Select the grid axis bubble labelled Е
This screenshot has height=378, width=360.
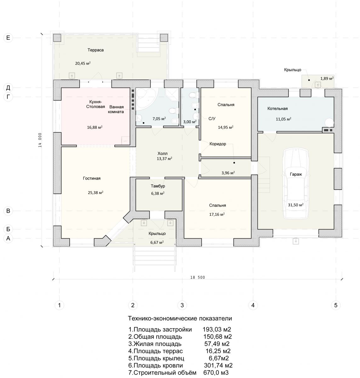[x=8, y=38]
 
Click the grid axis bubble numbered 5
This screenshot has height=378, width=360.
[x=336, y=305]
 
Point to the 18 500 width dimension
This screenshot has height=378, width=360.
[x=197, y=277]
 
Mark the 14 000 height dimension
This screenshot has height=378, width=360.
[x=40, y=140]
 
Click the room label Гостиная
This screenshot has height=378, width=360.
[x=92, y=178]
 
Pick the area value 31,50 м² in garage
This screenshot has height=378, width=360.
[x=295, y=205]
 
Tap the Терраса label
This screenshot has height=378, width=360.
[x=95, y=50]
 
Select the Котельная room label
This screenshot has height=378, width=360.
[x=277, y=109]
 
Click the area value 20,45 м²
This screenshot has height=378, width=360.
[x=83, y=63]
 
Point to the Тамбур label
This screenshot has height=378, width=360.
[x=158, y=186]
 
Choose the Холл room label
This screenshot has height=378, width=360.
[x=163, y=153]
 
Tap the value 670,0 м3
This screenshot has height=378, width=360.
[x=216, y=372]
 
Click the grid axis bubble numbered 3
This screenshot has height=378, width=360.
[x=182, y=305]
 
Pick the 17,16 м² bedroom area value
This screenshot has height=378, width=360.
[x=217, y=214]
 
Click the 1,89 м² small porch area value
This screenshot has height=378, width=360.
[x=327, y=78]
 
